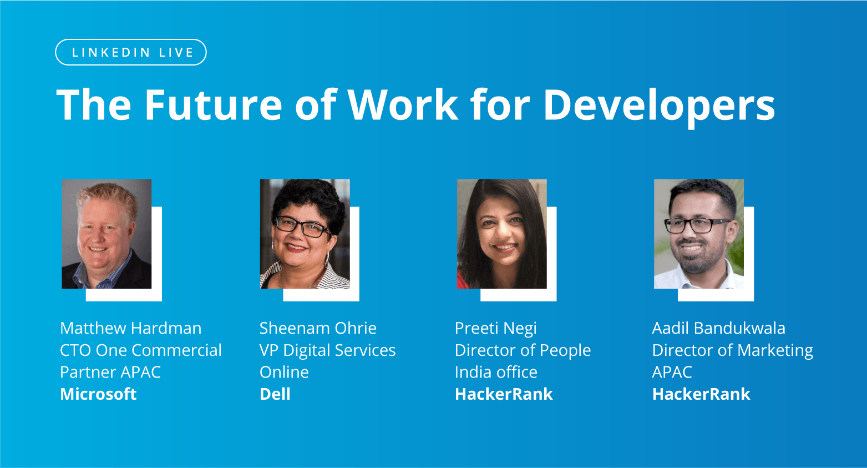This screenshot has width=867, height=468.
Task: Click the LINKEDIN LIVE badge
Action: coord(131,52)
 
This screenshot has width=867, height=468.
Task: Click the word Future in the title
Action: coord(214,104)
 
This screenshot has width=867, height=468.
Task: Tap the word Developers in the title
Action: coord(658,104)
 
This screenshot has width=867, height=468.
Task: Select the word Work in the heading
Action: coord(403,104)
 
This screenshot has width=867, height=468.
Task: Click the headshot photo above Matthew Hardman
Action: coord(107,234)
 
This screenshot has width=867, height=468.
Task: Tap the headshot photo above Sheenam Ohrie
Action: coord(305,234)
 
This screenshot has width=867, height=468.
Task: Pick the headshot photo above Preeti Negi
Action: coord(501,234)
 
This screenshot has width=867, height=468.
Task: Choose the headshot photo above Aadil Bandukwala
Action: coord(699,234)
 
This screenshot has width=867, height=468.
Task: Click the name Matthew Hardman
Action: coord(130,328)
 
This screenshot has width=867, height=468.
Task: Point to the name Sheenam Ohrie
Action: coord(318,328)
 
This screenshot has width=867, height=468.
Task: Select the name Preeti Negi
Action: coord(495,329)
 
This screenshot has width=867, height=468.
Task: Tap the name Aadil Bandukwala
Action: coord(718,328)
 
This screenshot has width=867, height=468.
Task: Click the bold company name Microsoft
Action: coord(98,394)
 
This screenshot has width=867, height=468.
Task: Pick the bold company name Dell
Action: coord(275,394)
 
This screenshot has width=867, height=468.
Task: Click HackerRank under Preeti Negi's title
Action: coord(504,394)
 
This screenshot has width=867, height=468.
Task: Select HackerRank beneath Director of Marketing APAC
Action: coord(701,394)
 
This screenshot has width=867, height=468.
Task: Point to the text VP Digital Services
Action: coord(327,350)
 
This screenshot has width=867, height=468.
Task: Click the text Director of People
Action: coord(523,350)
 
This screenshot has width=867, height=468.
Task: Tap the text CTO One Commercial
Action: coord(140,350)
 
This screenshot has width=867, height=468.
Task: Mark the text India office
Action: coord(496,372)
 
